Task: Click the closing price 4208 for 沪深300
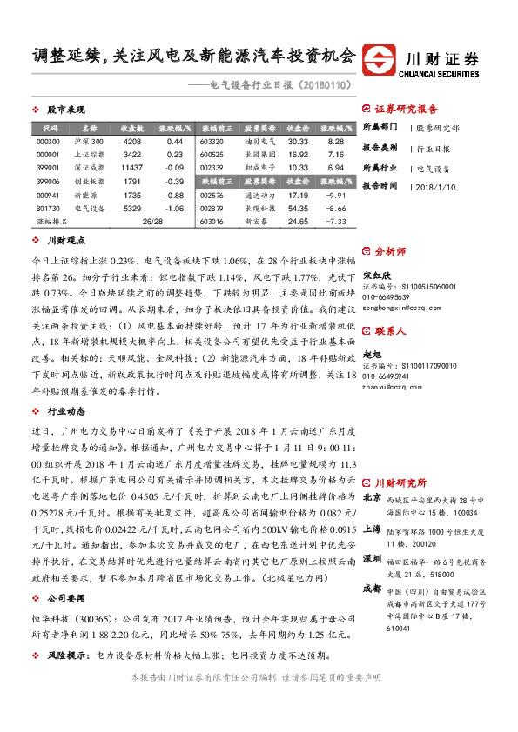tap(132, 141)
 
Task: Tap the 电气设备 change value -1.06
tap(174, 209)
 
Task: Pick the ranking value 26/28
tap(152, 223)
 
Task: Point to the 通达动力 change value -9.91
tap(336, 196)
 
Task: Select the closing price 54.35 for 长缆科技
tap(298, 209)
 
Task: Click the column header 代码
tap(49, 127)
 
